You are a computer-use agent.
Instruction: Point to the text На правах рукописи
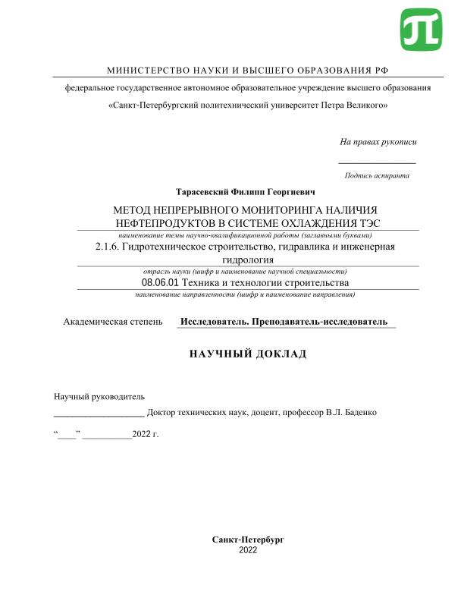[x=378, y=142]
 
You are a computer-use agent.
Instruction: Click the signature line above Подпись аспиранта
[x=377, y=162]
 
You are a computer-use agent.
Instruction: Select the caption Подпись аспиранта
[x=377, y=175]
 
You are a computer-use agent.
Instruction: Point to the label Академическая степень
[x=112, y=322]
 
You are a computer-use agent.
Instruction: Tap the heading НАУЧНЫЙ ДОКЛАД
[x=247, y=354]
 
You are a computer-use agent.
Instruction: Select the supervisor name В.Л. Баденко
[x=351, y=413]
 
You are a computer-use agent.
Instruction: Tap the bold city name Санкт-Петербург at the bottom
[x=248, y=539]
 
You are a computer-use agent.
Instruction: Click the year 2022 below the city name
[x=248, y=549]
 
